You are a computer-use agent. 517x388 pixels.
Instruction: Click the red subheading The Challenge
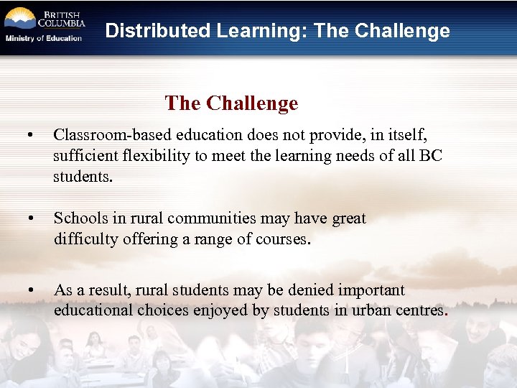pos(231,103)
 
